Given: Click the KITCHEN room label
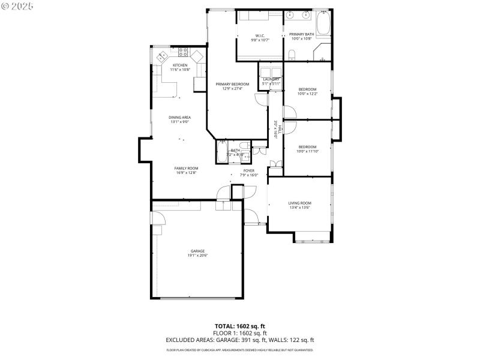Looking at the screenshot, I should tap(180, 65).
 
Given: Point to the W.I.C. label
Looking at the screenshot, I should tap(260, 35).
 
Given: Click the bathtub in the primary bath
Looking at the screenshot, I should tap(323, 23).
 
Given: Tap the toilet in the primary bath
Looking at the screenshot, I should tap(291, 55).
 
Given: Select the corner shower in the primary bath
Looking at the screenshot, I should tap(322, 52).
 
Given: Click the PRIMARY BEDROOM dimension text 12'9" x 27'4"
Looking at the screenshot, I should tap(232, 89).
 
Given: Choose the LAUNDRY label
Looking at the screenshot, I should tap(271, 79).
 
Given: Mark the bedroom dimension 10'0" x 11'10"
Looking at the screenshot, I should tap(308, 151).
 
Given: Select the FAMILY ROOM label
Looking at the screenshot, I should tap(186, 168).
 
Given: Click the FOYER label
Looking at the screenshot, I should tap(249, 171).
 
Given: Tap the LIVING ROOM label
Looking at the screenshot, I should tap(299, 203).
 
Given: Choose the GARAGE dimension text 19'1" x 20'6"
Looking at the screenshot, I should tap(198, 255).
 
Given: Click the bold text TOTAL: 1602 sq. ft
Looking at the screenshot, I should tap(240, 326).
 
